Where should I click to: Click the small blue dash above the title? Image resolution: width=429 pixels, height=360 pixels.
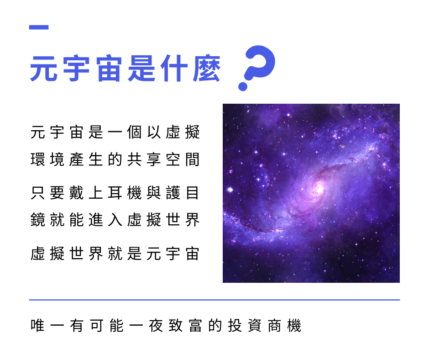click(39, 27)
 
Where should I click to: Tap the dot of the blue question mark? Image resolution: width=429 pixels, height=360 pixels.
click(243, 86)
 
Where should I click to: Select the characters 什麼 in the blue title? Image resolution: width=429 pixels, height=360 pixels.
click(190, 69)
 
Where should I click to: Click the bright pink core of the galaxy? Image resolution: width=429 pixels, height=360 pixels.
click(319, 188)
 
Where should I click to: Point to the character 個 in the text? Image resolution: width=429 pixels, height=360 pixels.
click(134, 132)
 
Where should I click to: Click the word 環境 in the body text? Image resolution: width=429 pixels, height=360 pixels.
click(47, 159)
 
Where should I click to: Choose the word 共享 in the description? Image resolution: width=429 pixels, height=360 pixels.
click(144, 159)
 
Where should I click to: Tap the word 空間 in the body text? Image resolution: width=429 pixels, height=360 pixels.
click(183, 159)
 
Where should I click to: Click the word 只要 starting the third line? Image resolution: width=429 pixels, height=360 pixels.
click(47, 193)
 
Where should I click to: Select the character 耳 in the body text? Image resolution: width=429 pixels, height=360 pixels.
click(115, 193)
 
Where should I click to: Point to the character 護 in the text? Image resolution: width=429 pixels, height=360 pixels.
click(173, 193)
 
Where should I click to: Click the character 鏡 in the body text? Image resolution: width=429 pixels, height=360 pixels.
click(38, 220)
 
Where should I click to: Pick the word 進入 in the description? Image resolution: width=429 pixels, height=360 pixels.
click(105, 220)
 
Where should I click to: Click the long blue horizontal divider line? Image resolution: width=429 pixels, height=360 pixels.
click(214, 300)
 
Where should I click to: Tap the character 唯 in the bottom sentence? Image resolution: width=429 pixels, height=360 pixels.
click(38, 326)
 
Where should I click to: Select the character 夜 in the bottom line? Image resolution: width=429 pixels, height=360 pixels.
click(156, 326)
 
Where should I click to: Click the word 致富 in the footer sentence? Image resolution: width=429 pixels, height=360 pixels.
click(185, 326)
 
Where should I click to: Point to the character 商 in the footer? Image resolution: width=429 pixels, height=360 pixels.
click(274, 326)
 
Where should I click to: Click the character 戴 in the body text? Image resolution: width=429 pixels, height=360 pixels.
click(76, 193)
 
